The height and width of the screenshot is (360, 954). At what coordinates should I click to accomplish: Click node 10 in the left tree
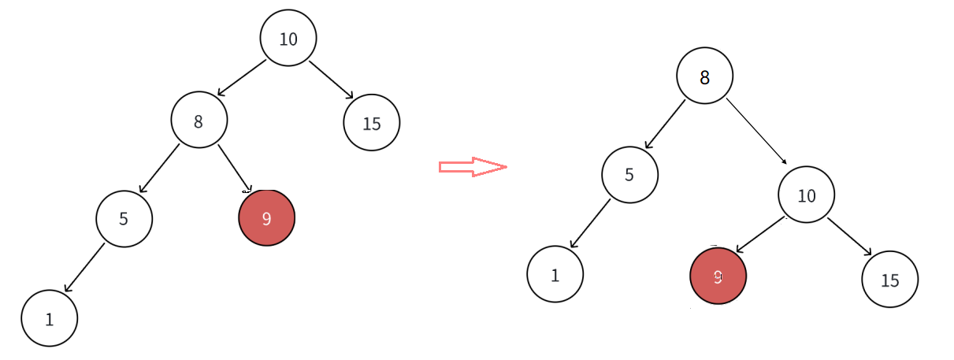tap(288, 38)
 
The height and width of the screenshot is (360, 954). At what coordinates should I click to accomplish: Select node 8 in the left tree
tap(199, 120)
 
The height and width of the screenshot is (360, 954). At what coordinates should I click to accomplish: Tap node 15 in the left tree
tap(372, 123)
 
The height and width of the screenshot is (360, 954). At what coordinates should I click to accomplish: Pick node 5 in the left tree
tap(124, 218)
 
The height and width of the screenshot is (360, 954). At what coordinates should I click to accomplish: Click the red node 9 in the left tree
tap(267, 217)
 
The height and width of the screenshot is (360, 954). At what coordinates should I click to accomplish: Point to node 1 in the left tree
tap(50, 318)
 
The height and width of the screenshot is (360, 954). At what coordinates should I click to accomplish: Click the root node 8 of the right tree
tap(705, 76)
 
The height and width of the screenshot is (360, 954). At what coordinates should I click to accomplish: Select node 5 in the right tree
tap(630, 174)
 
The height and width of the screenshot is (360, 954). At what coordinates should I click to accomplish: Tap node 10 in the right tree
tap(807, 195)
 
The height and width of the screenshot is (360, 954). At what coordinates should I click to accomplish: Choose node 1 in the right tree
tap(555, 274)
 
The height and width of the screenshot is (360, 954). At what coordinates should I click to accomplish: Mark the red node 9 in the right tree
tap(718, 276)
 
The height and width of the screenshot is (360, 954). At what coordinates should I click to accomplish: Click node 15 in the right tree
tap(890, 279)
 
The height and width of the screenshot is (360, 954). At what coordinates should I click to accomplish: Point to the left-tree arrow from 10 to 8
tap(242, 78)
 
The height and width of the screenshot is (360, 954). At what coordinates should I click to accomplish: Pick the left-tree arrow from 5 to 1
tap(84, 268)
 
